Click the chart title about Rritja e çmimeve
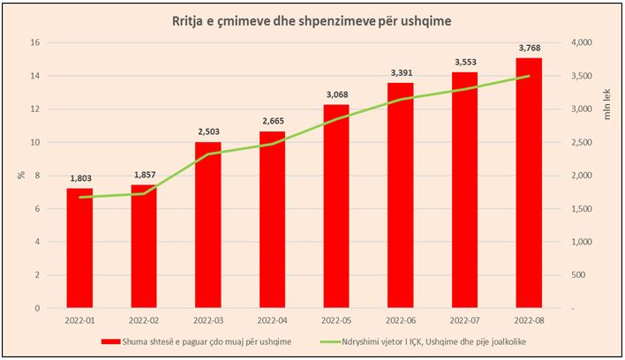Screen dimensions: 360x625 click(x=312, y=21)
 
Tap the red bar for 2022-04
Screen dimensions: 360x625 click(x=272, y=220)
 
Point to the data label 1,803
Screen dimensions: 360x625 click(x=79, y=179)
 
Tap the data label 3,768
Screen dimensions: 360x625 click(x=528, y=49)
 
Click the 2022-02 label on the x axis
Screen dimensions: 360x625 click(x=143, y=319)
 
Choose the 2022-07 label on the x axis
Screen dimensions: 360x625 click(x=463, y=319)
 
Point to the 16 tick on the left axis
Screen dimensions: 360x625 click(x=35, y=42)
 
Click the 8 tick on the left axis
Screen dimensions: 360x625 click(x=38, y=176)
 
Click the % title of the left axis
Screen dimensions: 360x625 click(x=19, y=175)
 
